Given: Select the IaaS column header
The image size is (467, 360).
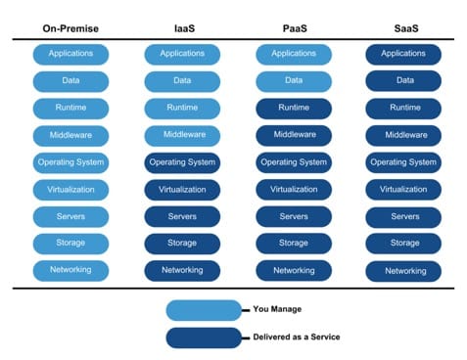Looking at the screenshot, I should pyautogui.click(x=182, y=29).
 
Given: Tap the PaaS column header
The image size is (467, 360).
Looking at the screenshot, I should pyautogui.click(x=293, y=29).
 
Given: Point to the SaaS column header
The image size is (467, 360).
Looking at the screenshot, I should pyautogui.click(x=403, y=29).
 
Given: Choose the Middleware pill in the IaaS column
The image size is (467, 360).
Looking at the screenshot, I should pyautogui.click(x=182, y=135).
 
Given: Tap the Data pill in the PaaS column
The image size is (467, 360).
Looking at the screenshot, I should pyautogui.click(x=293, y=81).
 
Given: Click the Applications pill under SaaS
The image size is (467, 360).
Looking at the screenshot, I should pyautogui.click(x=403, y=55).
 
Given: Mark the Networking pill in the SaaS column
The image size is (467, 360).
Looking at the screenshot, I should pyautogui.click(x=403, y=270).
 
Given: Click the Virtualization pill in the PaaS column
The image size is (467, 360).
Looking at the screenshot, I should pyautogui.click(x=293, y=189).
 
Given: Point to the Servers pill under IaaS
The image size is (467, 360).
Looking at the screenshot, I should pyautogui.click(x=182, y=216).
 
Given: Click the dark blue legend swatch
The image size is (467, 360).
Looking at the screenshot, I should pyautogui.click(x=203, y=338).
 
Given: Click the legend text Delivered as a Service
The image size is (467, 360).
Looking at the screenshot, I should pyautogui.click(x=295, y=338).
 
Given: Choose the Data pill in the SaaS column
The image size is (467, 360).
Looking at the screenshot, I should pyautogui.click(x=403, y=81).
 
